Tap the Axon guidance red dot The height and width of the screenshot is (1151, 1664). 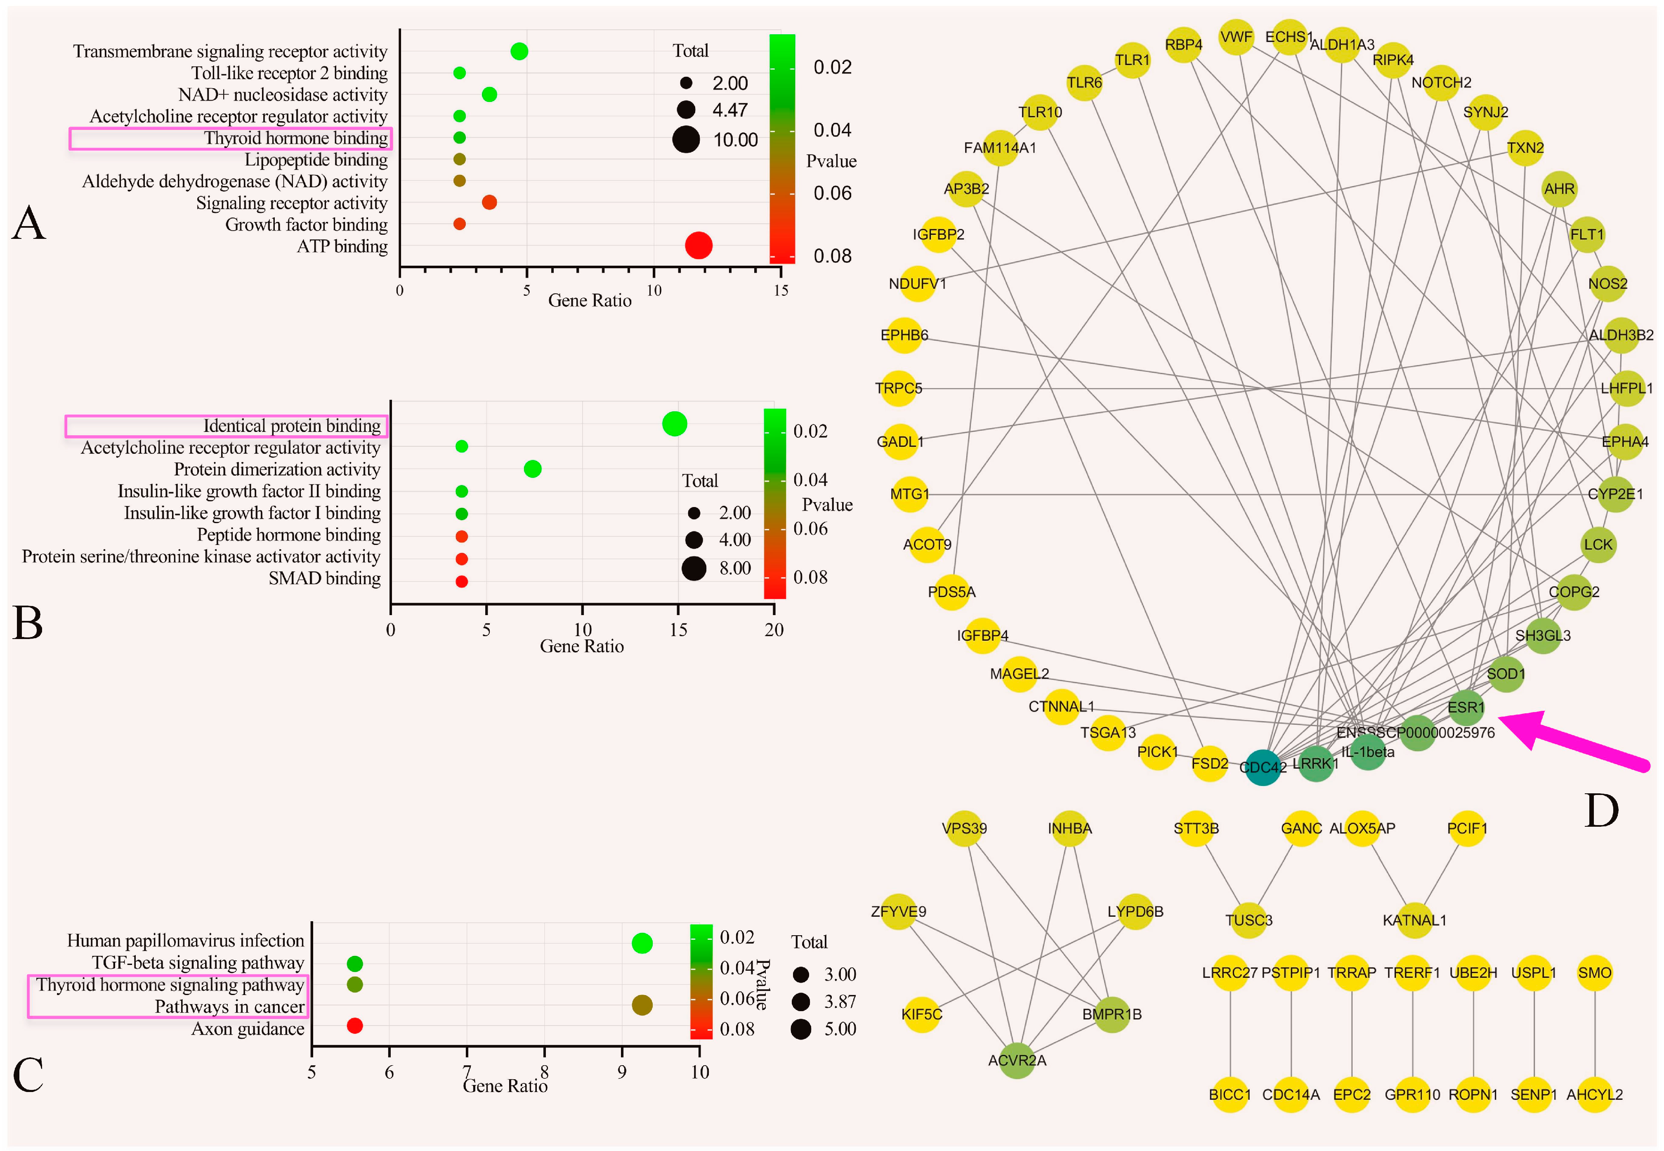point(354,1026)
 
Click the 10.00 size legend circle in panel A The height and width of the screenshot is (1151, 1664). point(686,139)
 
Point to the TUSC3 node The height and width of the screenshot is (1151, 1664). point(1249,920)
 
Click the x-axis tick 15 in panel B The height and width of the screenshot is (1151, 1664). point(678,630)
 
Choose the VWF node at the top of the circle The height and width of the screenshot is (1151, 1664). point(1236,37)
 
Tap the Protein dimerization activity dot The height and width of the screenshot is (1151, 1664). point(532,469)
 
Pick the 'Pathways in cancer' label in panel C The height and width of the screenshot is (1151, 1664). point(229,1007)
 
